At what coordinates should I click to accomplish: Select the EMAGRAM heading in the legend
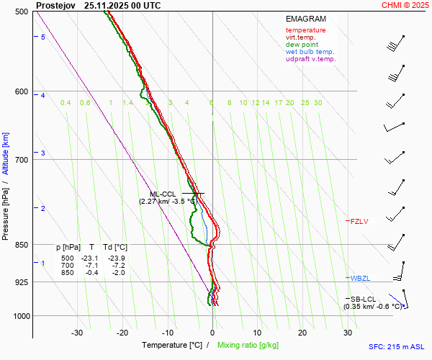pos(305,18)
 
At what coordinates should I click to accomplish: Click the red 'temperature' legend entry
pos(305,30)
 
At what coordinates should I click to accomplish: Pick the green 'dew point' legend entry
pos(303,45)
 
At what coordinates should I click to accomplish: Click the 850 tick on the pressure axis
pos(20,245)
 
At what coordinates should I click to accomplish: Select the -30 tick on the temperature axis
pos(77,333)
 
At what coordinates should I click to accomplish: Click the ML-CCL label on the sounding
pos(163,194)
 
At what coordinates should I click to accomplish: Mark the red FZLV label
pos(359,221)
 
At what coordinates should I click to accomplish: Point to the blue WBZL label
pos(360,278)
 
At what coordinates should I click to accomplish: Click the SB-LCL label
pos(364,299)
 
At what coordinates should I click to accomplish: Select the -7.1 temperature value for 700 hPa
pos(91,266)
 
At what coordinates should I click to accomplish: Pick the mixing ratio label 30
pos(318,103)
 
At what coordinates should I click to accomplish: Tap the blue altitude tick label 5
pos(42,37)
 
